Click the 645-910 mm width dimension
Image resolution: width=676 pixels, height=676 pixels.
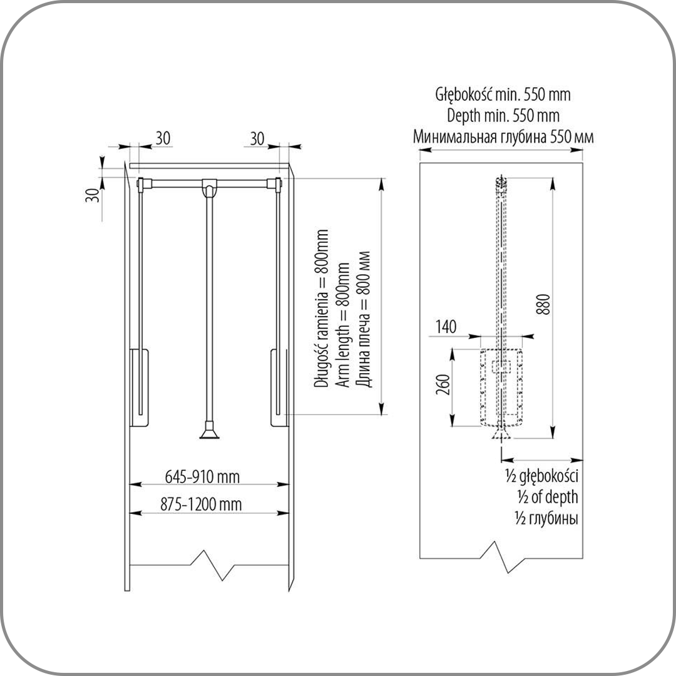(x=202, y=477)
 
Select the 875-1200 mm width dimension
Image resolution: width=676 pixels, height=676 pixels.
(x=201, y=504)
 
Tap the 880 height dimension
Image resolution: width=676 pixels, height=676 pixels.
(x=545, y=304)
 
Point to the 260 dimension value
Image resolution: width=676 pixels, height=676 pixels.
(x=443, y=384)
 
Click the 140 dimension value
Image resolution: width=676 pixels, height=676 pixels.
(x=446, y=327)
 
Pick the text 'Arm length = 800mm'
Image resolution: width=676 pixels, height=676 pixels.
(x=343, y=324)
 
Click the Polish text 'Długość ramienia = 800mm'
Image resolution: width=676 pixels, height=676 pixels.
(x=322, y=308)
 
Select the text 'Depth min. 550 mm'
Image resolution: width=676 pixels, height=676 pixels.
(x=503, y=116)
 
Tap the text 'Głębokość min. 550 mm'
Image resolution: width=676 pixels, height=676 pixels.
(x=503, y=95)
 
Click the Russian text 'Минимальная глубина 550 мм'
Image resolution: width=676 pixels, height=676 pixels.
(x=503, y=136)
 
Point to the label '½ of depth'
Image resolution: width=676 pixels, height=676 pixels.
(x=548, y=497)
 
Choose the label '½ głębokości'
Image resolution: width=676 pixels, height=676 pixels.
(x=541, y=476)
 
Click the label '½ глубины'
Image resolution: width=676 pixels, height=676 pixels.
(x=546, y=518)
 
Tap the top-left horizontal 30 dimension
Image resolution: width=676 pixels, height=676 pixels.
(x=163, y=138)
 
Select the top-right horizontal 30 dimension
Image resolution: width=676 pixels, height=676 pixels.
(x=257, y=139)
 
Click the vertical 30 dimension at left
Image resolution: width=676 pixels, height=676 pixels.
(x=92, y=195)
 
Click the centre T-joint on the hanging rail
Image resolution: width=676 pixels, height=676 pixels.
(x=209, y=188)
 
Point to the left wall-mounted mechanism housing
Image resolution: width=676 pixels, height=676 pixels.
(x=139, y=387)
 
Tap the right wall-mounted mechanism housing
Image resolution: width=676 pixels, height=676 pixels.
(x=279, y=387)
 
